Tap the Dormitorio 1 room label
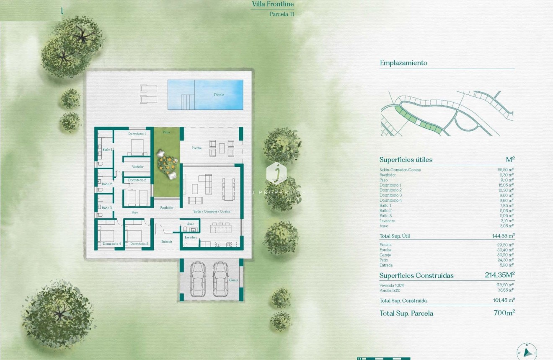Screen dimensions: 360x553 pos(137,133)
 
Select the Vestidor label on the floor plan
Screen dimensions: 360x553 pos(138,167)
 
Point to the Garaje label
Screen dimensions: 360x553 pos(234,280)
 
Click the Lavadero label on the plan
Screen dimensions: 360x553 pos(191,237)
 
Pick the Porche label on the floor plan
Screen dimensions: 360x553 pos(197,148)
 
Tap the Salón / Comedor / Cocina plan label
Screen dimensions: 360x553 pos(212,212)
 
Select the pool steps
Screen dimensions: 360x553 pos(187,101)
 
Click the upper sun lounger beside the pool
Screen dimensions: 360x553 pos(149,88)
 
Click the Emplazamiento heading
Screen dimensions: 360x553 pos(403,63)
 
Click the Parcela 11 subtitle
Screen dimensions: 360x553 pos(282,14)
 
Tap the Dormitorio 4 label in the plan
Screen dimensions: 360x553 pos(111,243)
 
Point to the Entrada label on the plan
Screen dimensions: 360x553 pos(167,241)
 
